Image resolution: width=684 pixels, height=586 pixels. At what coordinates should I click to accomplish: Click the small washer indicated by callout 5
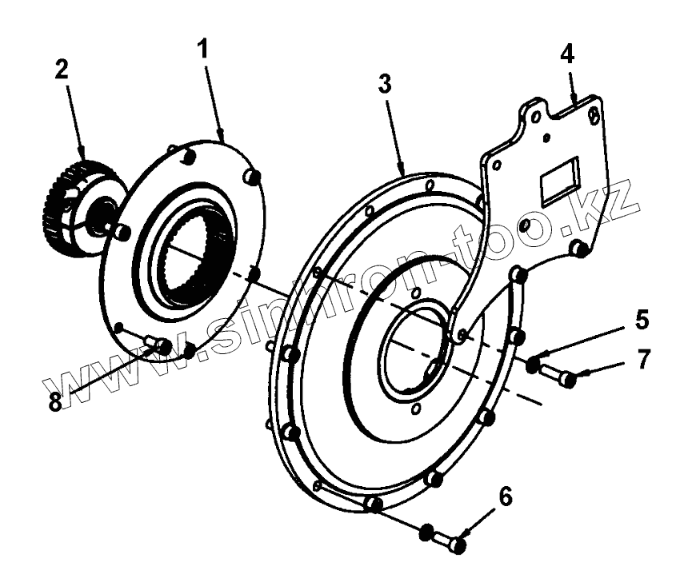click(533, 365)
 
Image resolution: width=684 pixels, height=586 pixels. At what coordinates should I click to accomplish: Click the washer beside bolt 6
click(426, 532)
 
